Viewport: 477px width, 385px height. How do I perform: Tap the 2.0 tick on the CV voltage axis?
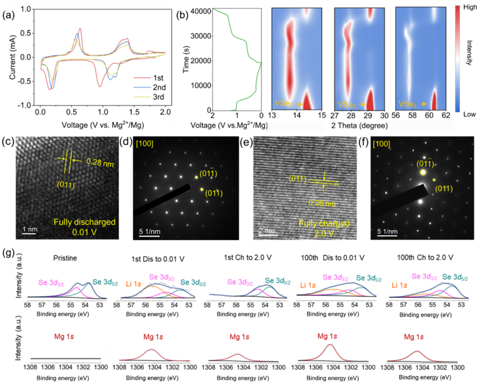(x=165, y=111)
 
